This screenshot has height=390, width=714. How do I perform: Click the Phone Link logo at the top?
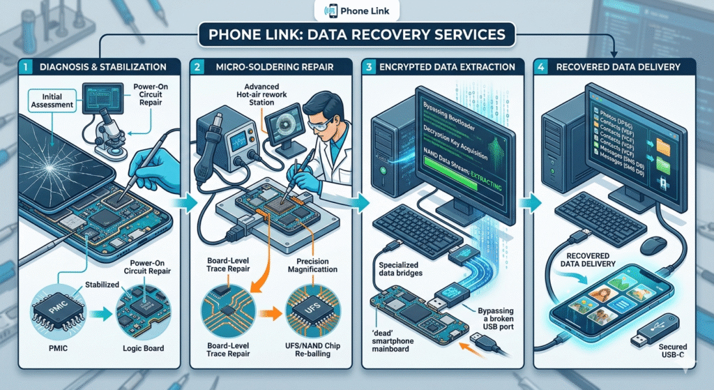(356, 10)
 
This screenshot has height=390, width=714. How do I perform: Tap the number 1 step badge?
(25, 67)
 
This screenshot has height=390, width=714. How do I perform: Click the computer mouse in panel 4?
(653, 244)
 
